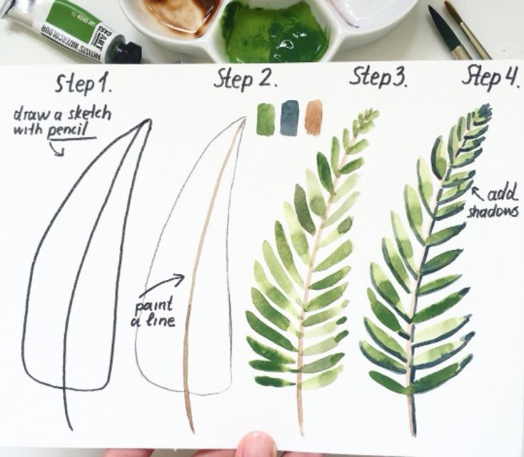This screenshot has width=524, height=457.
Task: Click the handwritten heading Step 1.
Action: (x=84, y=84)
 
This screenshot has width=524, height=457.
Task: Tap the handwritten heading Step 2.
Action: (x=246, y=79)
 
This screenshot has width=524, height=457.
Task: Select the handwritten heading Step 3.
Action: (x=378, y=77)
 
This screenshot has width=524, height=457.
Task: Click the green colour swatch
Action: (x=266, y=119)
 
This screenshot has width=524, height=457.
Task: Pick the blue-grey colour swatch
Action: (x=289, y=118)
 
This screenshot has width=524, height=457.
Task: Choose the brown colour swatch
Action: (x=313, y=117)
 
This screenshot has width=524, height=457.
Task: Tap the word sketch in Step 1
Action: (x=89, y=114)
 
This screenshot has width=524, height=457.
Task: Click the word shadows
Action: (x=493, y=211)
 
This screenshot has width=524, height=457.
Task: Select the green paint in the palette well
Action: (x=273, y=31)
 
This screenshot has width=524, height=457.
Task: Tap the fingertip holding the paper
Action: (x=257, y=445)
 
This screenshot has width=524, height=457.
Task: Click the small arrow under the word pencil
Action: (x=57, y=149)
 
